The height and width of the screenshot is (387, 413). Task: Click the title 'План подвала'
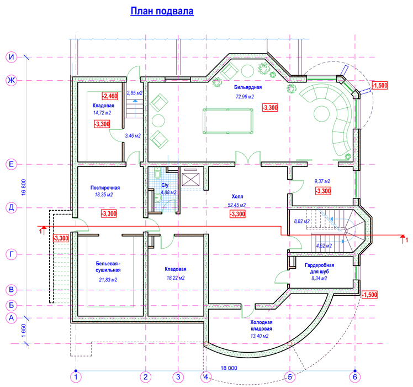tap(162, 11)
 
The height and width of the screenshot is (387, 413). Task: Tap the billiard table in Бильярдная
tap(228, 121)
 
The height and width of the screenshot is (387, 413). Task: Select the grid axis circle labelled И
tap(12, 57)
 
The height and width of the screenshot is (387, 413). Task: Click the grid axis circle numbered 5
tap(290, 377)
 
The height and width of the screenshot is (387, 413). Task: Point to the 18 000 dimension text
tap(229, 368)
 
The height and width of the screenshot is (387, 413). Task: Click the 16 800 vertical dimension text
tap(24, 187)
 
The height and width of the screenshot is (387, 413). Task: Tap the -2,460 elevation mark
tap(110, 96)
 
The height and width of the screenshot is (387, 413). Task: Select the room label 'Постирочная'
tap(105, 187)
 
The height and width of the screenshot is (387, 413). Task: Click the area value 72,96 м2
tap(245, 97)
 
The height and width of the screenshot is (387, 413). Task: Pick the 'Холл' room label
tap(237, 196)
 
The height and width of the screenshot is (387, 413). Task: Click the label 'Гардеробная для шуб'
tap(319, 268)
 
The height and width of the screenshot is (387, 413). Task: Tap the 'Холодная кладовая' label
tap(261, 325)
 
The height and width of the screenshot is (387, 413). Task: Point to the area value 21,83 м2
tap(108, 280)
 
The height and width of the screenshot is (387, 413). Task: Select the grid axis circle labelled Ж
tap(12, 80)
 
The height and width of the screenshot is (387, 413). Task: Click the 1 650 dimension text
tap(24, 331)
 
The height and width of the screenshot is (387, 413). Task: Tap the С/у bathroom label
tap(165, 185)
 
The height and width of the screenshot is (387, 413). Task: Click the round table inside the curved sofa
tap(321, 114)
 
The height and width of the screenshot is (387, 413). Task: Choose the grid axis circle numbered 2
tap(145, 377)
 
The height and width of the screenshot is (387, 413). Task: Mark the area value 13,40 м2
tap(260, 336)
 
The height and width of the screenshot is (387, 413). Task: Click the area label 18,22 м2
tap(176, 278)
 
